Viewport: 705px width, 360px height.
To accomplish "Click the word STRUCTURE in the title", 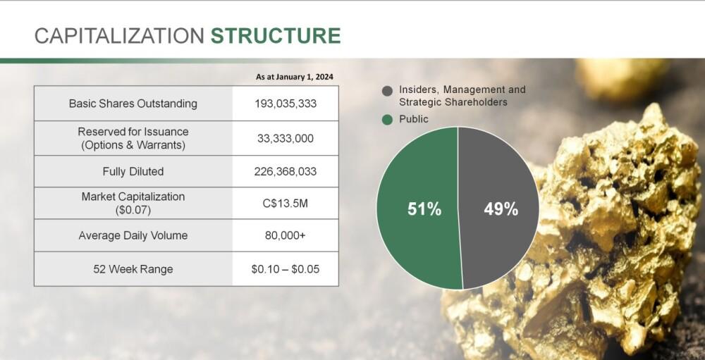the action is coord(276,35).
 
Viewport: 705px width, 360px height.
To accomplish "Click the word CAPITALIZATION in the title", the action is coord(119,35).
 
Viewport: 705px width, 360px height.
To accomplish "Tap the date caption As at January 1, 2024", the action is coord(295,77).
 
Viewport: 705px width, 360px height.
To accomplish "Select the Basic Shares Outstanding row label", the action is coord(133,104).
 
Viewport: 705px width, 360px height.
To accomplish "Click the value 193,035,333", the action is coord(286,104).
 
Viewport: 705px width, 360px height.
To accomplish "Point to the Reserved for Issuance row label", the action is coord(133,138).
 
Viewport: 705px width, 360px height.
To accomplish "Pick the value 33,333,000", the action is coord(286,138).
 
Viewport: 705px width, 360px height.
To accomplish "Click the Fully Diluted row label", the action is coord(133,171).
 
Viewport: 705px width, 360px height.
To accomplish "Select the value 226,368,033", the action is coord(286,171).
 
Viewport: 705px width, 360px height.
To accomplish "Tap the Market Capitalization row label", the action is coord(133,203).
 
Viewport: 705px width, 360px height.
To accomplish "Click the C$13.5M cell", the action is coord(286,203).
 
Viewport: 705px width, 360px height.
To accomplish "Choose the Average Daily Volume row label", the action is coord(133,235).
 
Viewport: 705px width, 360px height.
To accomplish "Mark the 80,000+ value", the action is coord(286,235).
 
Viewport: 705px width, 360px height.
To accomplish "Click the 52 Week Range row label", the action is coord(133,269).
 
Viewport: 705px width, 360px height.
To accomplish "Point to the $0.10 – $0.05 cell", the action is coord(286,269).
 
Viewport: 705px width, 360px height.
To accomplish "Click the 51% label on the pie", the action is coord(424,209).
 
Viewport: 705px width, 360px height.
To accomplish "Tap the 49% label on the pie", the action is coord(501,209).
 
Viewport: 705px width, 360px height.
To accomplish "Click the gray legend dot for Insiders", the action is coord(387,92).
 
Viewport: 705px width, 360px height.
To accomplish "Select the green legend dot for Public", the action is coord(387,120).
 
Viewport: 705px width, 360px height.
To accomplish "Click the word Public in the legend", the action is coord(414,119).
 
